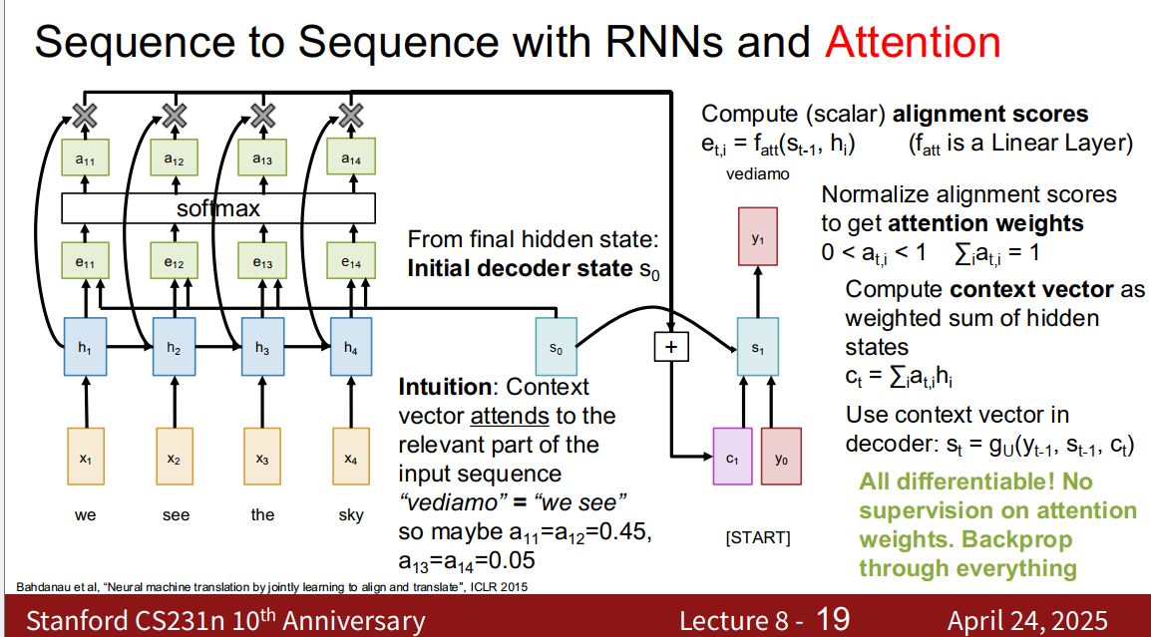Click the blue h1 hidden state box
[x=86, y=346]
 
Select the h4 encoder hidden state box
[x=350, y=346]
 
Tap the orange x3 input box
[x=262, y=458]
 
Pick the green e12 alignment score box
[x=175, y=263]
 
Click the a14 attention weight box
[x=350, y=159]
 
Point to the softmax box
[x=218, y=208]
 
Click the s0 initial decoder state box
[x=557, y=346]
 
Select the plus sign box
[x=671, y=346]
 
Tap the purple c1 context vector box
[x=732, y=458]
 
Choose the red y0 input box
[x=781, y=458]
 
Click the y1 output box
[x=757, y=236]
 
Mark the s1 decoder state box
[x=757, y=346]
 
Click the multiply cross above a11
[x=86, y=116]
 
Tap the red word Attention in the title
[x=913, y=42]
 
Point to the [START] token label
[x=757, y=538]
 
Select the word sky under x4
[x=350, y=515]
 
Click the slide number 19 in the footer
[x=834, y=619]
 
